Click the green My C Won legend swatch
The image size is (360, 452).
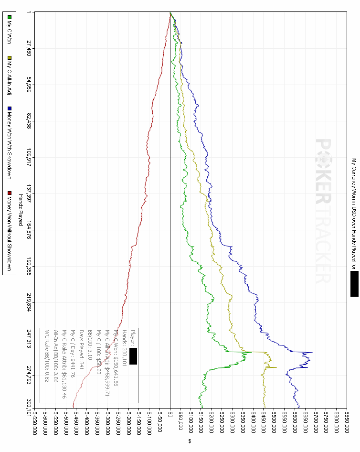pyautogui.click(x=9, y=17)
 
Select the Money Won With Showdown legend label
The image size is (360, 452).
pyautogui.click(x=9, y=144)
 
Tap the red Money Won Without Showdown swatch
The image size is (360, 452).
pyautogui.click(x=9, y=193)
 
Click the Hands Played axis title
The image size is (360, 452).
pyautogui.click(x=21, y=210)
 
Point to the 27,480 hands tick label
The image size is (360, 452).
pyautogui.click(x=29, y=48)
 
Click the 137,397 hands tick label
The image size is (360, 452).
pyautogui.click(x=29, y=194)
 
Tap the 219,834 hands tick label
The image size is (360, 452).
pyautogui.click(x=29, y=302)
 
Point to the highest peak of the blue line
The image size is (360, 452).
pyautogui.click(x=312, y=353)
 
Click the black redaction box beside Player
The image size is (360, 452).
pyautogui.click(x=133, y=356)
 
